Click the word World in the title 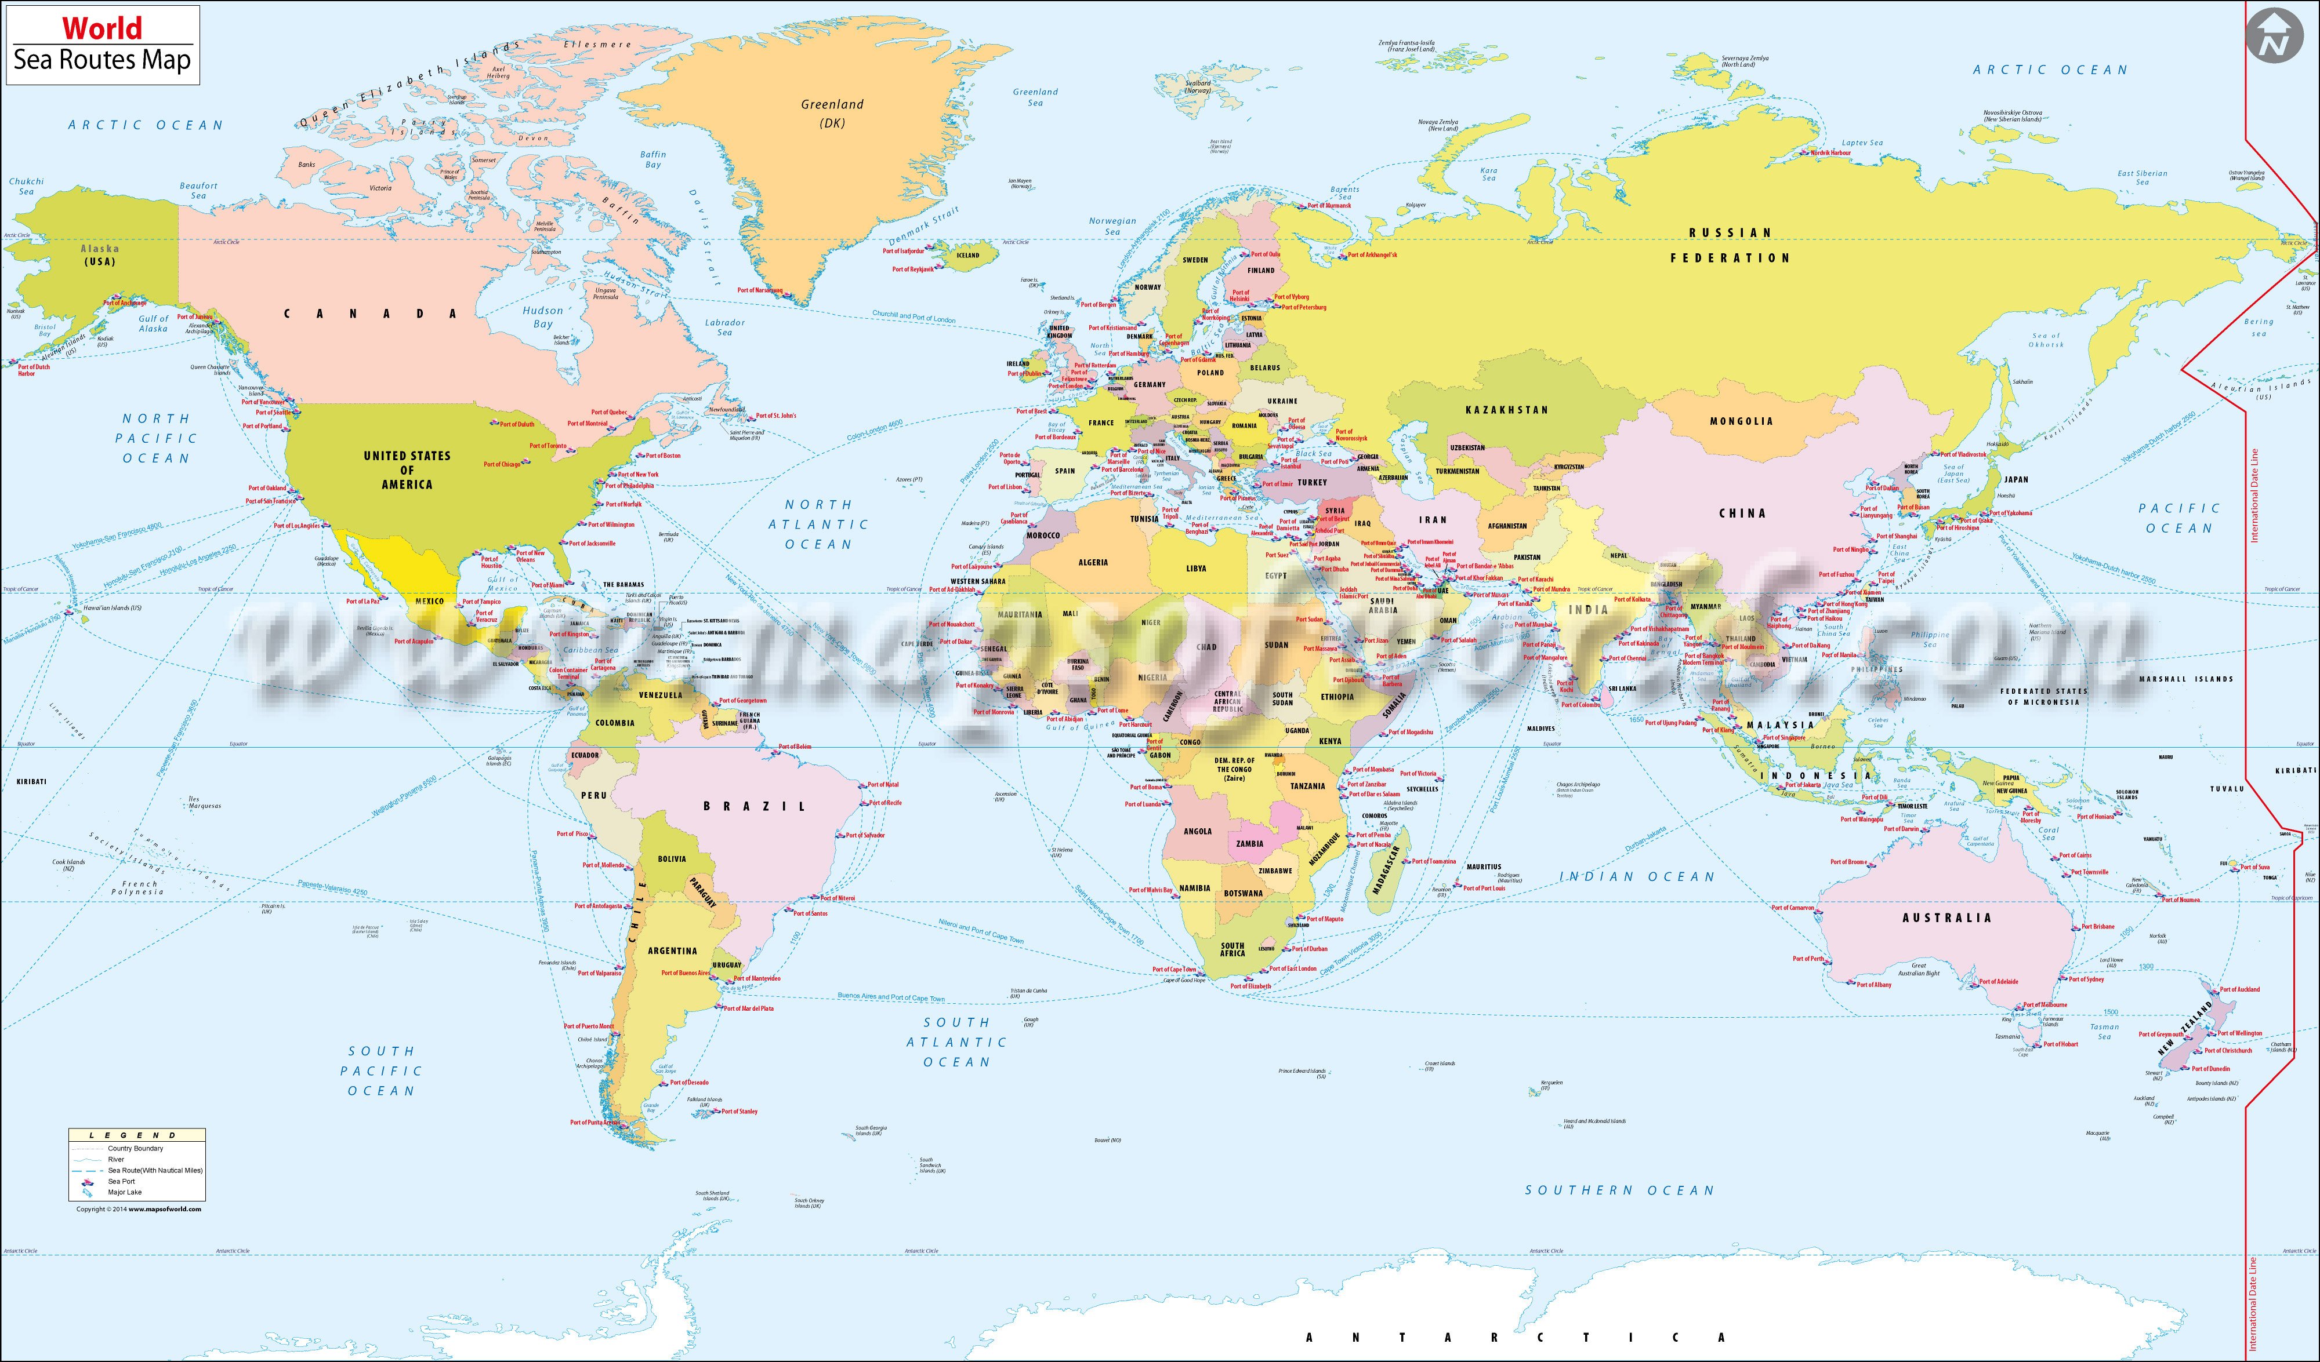click(78, 28)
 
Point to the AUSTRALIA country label click(1946, 917)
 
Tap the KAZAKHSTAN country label click(1506, 410)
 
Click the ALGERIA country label click(1093, 562)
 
